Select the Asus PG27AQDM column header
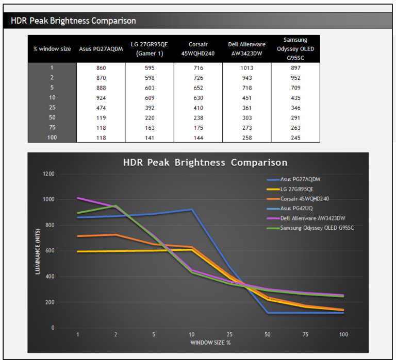click(x=101, y=49)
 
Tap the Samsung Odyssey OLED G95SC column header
click(x=295, y=49)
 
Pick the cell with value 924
click(x=101, y=98)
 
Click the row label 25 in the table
click(x=52, y=108)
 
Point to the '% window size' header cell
click(x=52, y=49)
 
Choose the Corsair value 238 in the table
click(x=198, y=117)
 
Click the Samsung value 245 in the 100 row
click(x=295, y=138)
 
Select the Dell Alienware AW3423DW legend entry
click(x=312, y=218)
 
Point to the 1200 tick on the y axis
click(x=48, y=174)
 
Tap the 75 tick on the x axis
click(x=305, y=334)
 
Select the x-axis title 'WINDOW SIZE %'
click(x=211, y=342)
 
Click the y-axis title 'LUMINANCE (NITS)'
click(x=38, y=251)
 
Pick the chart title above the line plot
click(x=205, y=163)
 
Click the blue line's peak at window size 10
click(x=192, y=210)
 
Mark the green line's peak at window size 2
click(x=116, y=206)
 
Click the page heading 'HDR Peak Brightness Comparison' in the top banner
click(x=73, y=21)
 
